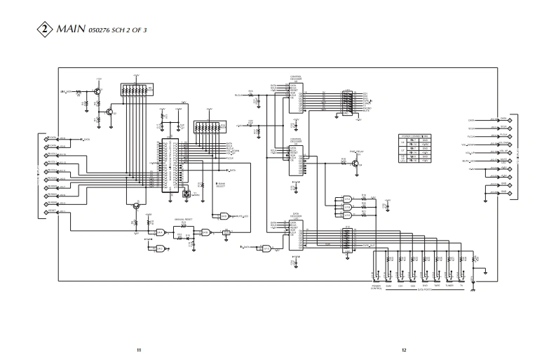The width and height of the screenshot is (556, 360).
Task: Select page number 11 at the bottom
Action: pos(139,349)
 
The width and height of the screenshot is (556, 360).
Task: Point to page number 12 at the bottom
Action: pos(404,349)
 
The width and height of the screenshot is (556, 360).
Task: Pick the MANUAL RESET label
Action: pos(184,220)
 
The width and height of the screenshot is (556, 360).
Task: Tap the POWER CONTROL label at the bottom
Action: pos(377,288)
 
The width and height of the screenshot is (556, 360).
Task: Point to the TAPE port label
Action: pos(437,286)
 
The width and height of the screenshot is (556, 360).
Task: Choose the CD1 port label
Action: pos(400,286)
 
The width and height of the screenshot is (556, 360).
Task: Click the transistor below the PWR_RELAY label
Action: pos(358,163)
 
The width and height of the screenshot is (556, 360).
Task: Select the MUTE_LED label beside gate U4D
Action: pos(243,215)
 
